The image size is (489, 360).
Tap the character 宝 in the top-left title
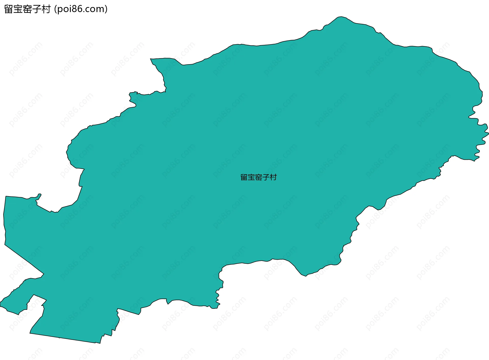[18, 9]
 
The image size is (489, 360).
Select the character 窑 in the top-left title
[27, 9]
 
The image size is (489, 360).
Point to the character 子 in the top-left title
[36, 9]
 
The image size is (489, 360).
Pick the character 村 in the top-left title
[46, 9]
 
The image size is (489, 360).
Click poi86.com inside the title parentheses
[81, 9]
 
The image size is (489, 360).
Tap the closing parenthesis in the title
[106, 9]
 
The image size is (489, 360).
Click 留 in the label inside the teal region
[244, 177]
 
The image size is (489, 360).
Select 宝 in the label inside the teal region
[251, 177]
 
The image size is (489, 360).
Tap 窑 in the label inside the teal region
[259, 177]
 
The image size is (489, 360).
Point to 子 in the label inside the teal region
[266, 177]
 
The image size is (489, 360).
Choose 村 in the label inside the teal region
[273, 177]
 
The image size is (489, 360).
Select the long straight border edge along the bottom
[62, 338]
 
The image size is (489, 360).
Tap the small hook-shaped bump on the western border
[39, 196]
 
